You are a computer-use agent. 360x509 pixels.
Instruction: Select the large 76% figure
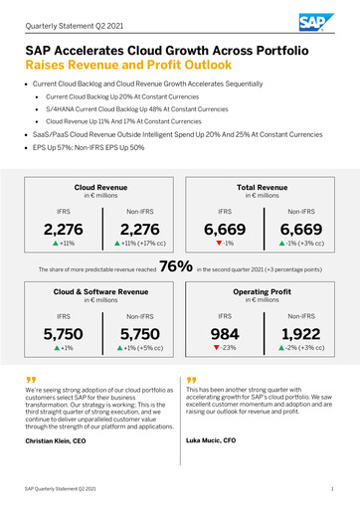(175, 266)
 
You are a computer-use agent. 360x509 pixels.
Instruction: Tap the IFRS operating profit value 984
(225, 335)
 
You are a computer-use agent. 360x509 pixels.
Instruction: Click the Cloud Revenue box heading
(99, 186)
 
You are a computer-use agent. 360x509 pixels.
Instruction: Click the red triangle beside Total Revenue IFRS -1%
(218, 243)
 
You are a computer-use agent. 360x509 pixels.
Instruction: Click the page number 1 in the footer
(331, 490)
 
